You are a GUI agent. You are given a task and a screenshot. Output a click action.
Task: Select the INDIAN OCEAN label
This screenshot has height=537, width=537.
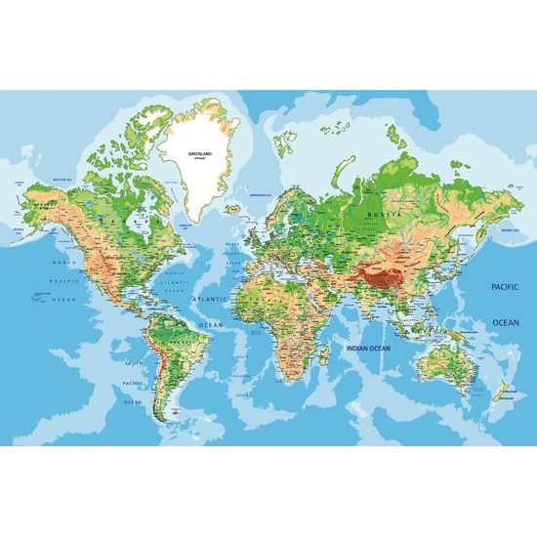tap(366, 346)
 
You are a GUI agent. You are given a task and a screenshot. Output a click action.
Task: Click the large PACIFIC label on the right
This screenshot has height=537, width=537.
tap(505, 288)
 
